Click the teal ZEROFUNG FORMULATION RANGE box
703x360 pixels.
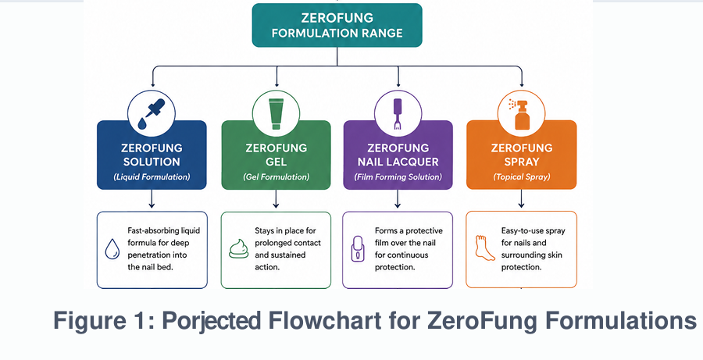coord(337,25)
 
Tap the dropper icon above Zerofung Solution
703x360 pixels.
coord(151,114)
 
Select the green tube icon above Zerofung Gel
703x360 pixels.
coord(276,114)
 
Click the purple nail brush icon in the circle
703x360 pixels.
coord(398,114)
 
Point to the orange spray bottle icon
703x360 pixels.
coord(520,114)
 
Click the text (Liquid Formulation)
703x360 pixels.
coord(152,176)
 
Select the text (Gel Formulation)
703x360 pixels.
coord(277,176)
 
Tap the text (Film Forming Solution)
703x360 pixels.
coord(398,176)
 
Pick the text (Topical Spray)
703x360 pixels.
coord(522,176)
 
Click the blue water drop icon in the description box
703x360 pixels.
coord(112,249)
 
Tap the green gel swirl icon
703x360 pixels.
coord(238,249)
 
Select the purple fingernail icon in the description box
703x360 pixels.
coord(358,249)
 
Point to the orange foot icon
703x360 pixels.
coord(484,248)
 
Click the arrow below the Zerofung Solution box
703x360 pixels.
coord(152,198)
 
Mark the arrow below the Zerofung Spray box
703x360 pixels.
coord(521,198)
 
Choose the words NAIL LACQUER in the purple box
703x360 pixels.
coord(398,162)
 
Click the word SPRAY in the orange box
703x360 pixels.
coord(522,162)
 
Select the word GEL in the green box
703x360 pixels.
coord(276,162)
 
